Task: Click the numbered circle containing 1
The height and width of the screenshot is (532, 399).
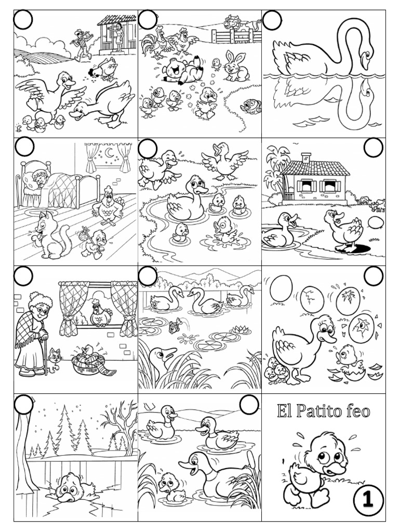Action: pyautogui.click(x=368, y=500)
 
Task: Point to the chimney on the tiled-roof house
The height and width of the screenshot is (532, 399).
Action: pyautogui.click(x=306, y=157)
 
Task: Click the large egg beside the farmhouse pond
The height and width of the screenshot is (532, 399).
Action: pyautogui.click(x=376, y=223)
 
